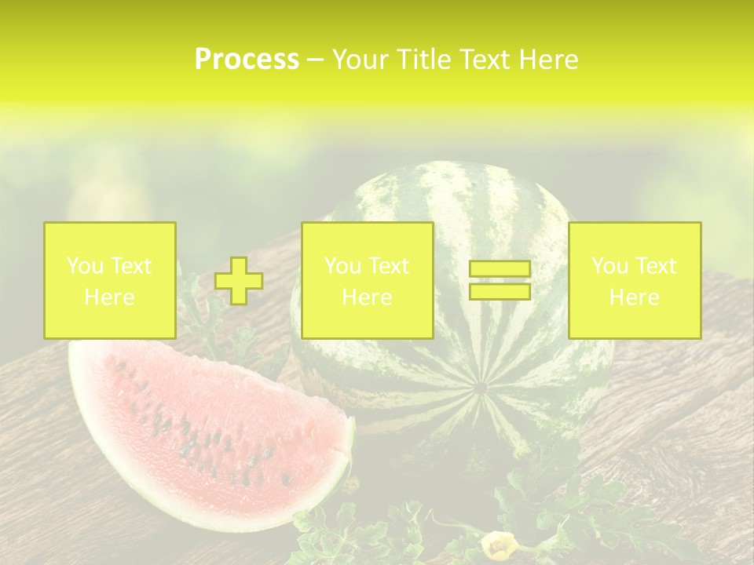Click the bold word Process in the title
(247, 60)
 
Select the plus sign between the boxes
(239, 281)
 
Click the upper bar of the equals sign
(500, 269)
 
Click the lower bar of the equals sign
(500, 291)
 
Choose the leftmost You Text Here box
(110, 280)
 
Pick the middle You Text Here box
(367, 280)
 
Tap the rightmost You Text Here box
(635, 280)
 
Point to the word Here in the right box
(635, 297)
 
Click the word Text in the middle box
(389, 266)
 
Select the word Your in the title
(357, 60)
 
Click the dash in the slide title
(315, 60)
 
